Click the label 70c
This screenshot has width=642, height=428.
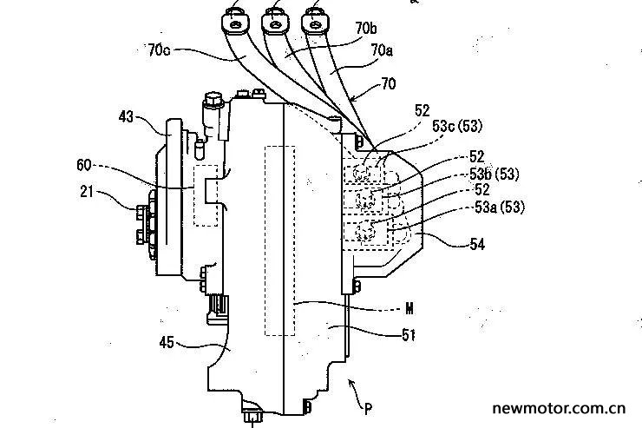pos(159,50)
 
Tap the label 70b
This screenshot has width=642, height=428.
pos(366,29)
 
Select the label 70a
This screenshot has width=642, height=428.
pos(382,50)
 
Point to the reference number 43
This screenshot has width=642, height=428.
pos(126,117)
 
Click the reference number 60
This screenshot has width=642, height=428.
pos(84,166)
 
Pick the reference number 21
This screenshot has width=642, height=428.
pos(87,191)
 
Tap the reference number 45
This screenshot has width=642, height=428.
pos(167,342)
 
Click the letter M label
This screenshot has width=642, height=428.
pos(409,308)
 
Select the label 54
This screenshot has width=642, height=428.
pos(477,245)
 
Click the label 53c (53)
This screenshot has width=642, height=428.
pos(457,126)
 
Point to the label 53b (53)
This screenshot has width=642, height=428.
pos(495,174)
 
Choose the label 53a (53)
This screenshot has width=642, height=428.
pos(500,207)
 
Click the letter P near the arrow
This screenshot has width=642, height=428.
pos(368,408)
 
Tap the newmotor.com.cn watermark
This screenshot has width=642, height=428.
pos(559,408)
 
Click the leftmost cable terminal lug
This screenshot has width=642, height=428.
pos(235,23)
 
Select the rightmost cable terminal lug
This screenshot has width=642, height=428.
pos(314,23)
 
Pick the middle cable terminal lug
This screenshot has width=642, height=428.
pos(274,23)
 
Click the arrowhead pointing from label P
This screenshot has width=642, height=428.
pos(350,383)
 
